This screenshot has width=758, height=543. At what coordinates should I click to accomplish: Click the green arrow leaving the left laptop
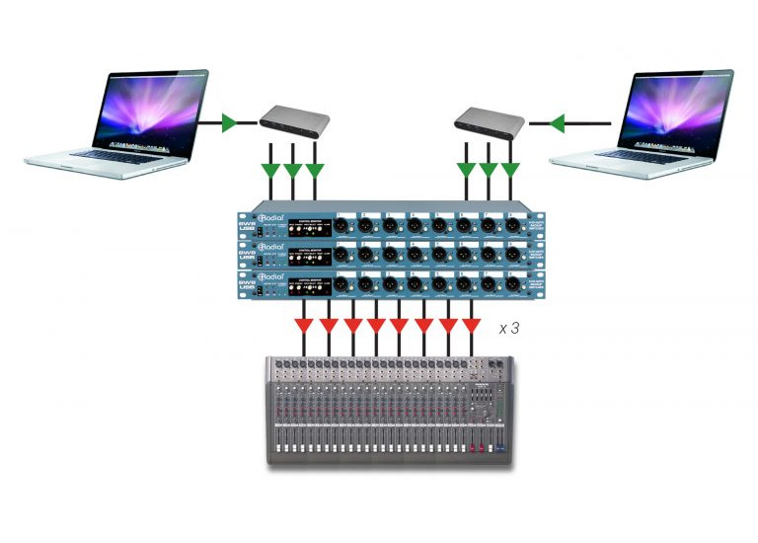[x=229, y=123]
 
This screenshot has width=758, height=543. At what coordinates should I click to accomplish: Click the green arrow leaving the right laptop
[x=557, y=123]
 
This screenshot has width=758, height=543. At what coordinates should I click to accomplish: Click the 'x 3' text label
[x=509, y=328]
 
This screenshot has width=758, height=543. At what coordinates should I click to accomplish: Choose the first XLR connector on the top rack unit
[x=342, y=224]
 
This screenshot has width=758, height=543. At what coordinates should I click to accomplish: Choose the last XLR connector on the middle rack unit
[x=512, y=255]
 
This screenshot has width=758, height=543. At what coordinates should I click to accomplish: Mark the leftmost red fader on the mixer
[x=472, y=451]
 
